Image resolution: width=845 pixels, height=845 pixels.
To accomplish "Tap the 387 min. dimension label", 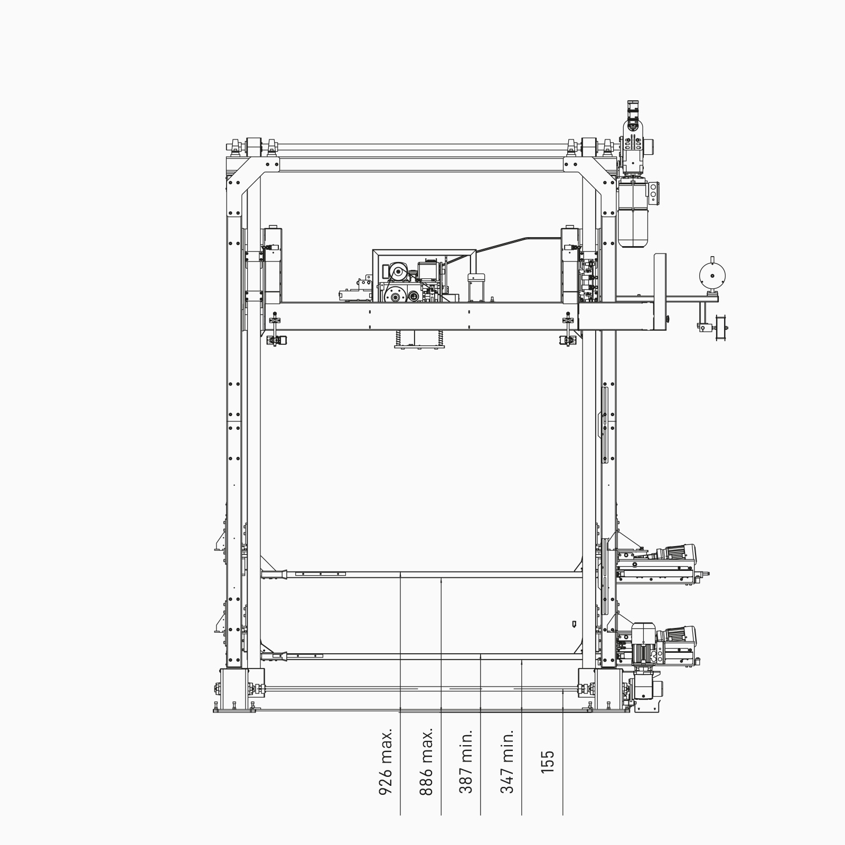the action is click(x=466, y=762).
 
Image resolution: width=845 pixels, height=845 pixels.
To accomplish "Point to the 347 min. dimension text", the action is click(x=507, y=762).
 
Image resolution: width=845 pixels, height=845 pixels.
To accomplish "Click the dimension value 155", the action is click(x=548, y=762).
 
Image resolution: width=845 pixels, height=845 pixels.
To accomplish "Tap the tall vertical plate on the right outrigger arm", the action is click(x=660, y=291).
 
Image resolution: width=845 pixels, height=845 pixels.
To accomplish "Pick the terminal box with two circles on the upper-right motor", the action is click(x=654, y=193).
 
